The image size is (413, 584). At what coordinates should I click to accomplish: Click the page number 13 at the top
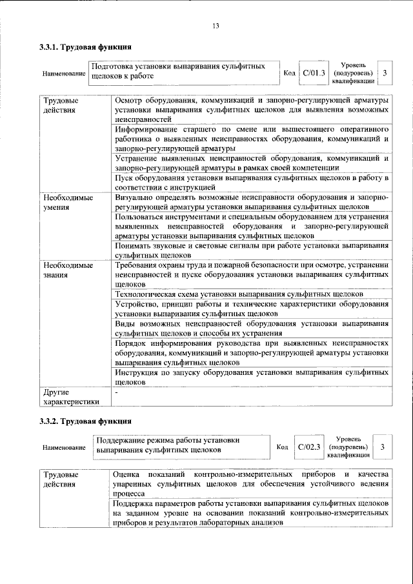(216, 26)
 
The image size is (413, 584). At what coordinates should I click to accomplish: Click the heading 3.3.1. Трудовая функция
(86, 47)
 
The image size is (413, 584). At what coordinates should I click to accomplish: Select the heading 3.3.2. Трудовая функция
(86, 421)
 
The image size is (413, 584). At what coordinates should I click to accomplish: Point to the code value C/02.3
(309, 447)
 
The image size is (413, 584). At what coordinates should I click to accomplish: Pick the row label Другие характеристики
(70, 396)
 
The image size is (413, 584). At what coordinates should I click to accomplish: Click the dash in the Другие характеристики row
(117, 392)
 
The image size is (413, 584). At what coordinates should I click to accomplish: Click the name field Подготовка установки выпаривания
(184, 71)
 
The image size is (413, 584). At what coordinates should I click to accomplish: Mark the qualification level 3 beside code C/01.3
(385, 73)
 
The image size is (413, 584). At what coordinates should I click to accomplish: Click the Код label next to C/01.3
(290, 73)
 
